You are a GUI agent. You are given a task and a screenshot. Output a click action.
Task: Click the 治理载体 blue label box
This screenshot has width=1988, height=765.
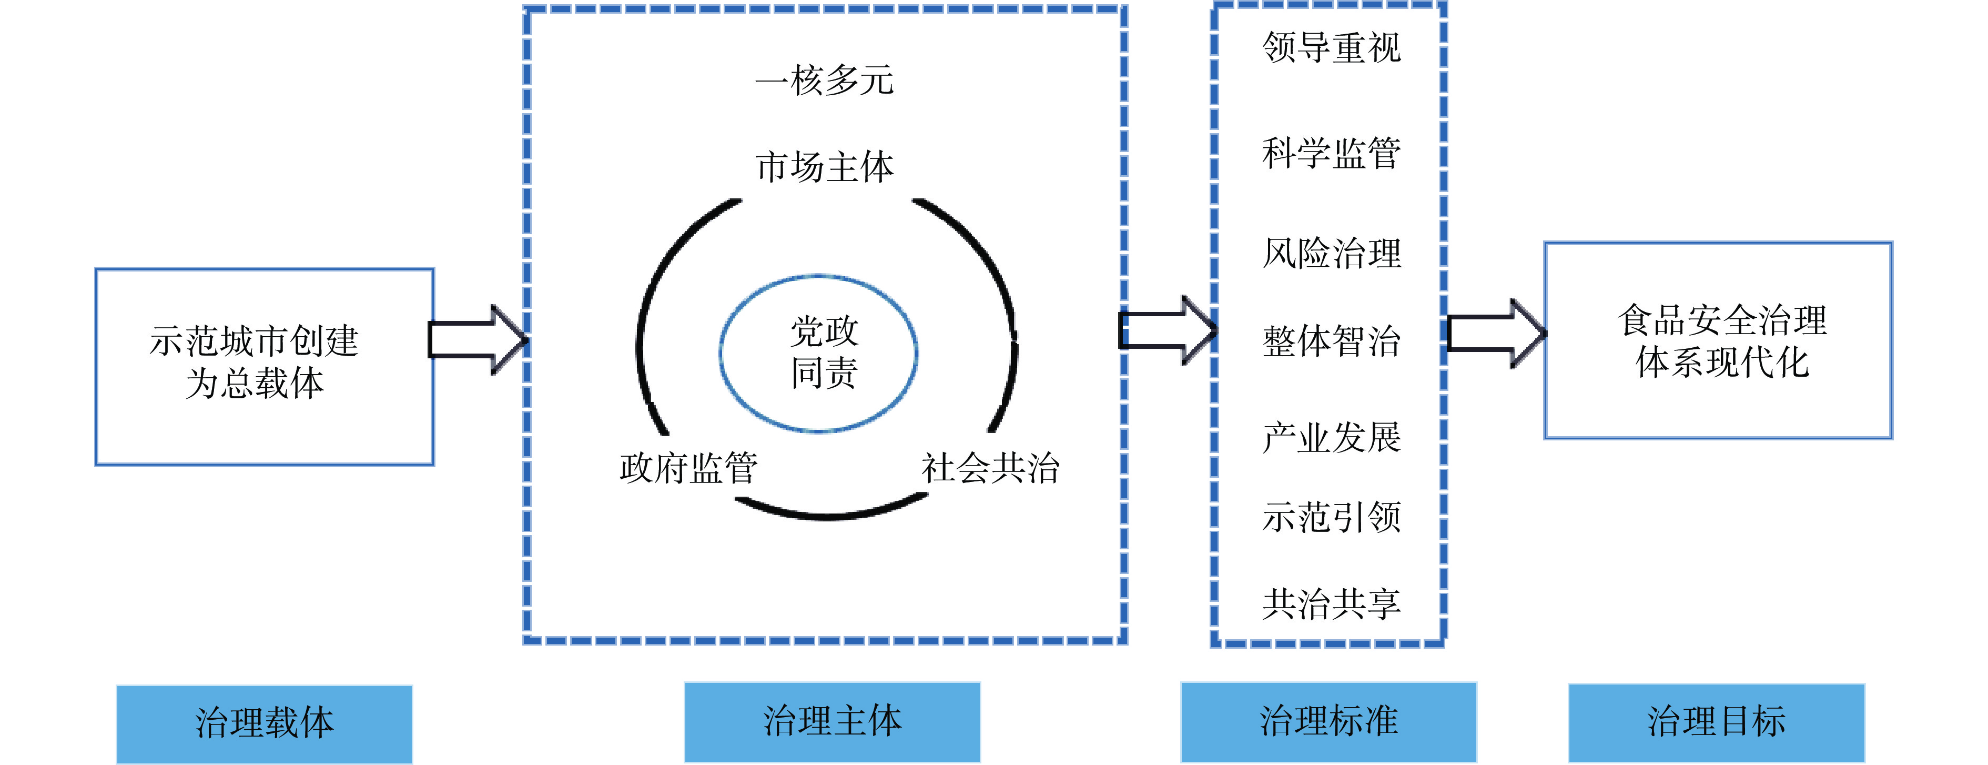pos(264,723)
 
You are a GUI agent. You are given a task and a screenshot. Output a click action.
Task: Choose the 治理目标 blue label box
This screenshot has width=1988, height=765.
pos(1716,722)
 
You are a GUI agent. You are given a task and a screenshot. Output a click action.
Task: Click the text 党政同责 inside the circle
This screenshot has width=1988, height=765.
pos(824,353)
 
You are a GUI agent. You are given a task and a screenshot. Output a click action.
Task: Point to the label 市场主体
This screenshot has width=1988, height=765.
pos(824,167)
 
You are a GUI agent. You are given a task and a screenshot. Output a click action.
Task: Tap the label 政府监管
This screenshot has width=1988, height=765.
pos(688,468)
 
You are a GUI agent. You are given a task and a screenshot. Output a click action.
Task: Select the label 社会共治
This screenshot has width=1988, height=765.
pos(990,468)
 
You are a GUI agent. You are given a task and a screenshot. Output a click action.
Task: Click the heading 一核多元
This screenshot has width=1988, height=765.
pos(824,80)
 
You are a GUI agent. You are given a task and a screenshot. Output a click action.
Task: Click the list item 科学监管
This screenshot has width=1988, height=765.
pos(1331,153)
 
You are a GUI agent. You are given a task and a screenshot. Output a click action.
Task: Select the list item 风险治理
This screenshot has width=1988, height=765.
pos(1331,253)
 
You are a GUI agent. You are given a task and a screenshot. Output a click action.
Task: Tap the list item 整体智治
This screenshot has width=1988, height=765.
pos(1331,341)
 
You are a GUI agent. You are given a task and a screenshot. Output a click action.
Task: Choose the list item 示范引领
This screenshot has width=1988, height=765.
pos(1331,517)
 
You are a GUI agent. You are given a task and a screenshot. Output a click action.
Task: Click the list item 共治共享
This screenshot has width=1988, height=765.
pos(1331,603)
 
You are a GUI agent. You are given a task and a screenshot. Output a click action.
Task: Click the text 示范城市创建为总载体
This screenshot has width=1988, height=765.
pos(255,362)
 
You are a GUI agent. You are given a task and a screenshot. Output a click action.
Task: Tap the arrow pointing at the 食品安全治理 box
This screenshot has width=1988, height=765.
pos(1495,334)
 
